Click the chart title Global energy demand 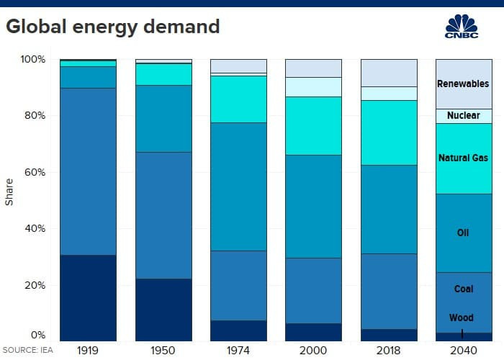click(112, 27)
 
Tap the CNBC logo click(462, 28)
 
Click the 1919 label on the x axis click(88, 350)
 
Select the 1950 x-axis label click(163, 350)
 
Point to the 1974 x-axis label click(238, 350)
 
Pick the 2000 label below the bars click(313, 350)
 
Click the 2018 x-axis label click(389, 350)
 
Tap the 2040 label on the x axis click(464, 350)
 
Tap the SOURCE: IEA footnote click(29, 350)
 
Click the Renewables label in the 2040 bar click(463, 84)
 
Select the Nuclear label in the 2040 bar click(463, 116)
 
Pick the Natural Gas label click(463, 157)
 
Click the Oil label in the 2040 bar click(463, 233)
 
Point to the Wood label click(462, 318)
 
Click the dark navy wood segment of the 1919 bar click(88, 297)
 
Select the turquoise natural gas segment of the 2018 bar click(389, 132)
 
